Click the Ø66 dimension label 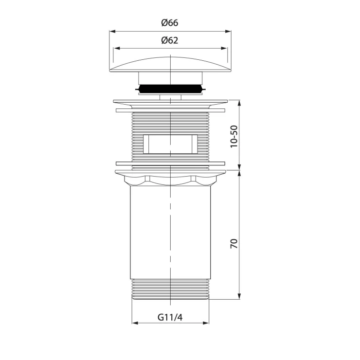170,23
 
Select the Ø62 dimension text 170,40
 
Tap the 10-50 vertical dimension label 234,137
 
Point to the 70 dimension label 234,244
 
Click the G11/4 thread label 170,317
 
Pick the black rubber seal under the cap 171,88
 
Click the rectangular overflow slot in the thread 170,144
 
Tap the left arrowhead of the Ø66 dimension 112,32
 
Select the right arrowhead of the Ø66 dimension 228,32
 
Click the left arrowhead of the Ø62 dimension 117,48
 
